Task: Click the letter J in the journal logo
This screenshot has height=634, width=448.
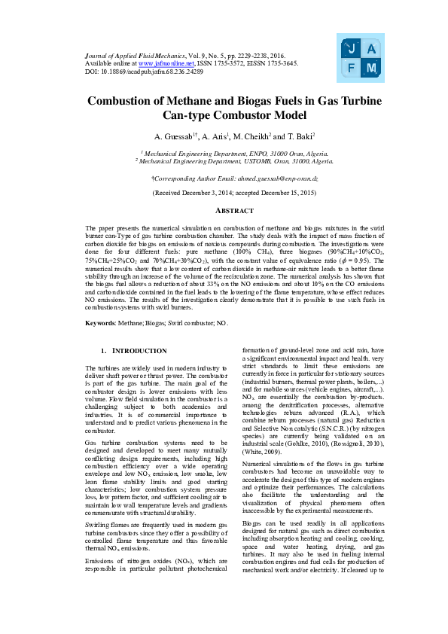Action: [x=351, y=49]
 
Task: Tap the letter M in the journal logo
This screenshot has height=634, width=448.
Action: [x=371, y=69]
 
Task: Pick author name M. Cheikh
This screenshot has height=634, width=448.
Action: [x=250, y=137]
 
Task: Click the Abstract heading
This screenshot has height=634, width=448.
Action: [x=224, y=212]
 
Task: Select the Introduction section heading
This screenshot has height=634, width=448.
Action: [x=135, y=352]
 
